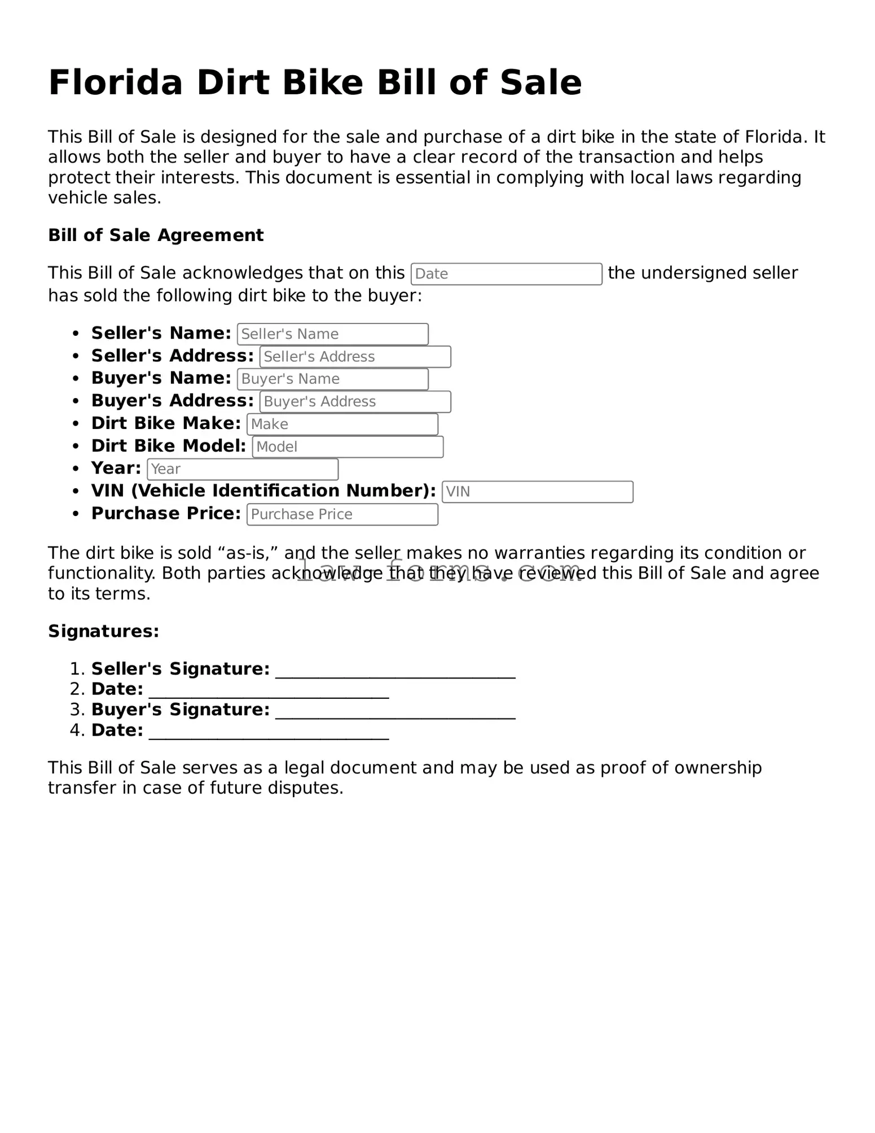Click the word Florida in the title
tap(116, 83)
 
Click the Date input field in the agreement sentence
tap(506, 274)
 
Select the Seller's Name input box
tap(332, 334)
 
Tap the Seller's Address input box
tap(355, 357)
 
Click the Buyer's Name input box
tap(332, 379)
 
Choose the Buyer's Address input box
tap(355, 401)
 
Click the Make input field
tap(342, 424)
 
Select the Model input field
tap(347, 447)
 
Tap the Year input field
tap(242, 469)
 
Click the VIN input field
tap(537, 492)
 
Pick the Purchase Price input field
tap(342, 514)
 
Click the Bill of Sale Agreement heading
tap(156, 235)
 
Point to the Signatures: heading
tap(103, 631)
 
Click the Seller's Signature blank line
tap(395, 672)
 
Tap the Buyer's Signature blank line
tap(395, 712)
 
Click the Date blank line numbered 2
tap(269, 692)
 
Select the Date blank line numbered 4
tap(269, 733)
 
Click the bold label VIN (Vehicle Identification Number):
tap(263, 491)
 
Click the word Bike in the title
tap(322, 83)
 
